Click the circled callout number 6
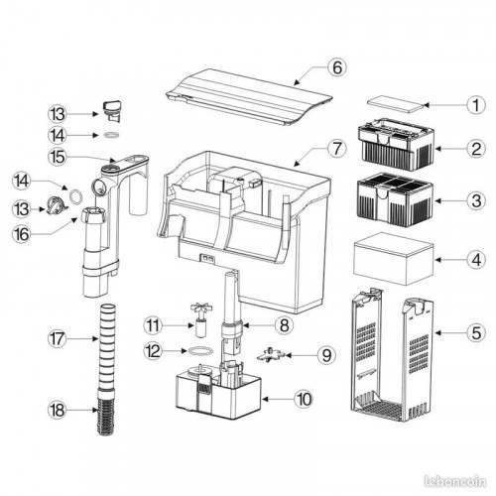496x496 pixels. pos(337,67)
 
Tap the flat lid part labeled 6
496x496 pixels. pos(249,97)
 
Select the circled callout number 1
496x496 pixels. pos(476,105)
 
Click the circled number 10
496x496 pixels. pos(304,399)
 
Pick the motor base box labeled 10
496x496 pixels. pos(219,390)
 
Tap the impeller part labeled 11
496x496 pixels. pos(200,319)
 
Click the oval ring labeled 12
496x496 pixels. pos(200,351)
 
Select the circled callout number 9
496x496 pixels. pos(326,355)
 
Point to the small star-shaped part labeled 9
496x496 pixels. pos(271,355)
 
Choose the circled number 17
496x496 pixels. pos(57,338)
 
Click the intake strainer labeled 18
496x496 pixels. pos(106,412)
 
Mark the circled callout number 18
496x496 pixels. pos(57,411)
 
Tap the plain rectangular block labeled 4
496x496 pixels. pos(393,259)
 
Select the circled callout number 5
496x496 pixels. pos(476,332)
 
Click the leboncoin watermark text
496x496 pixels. pos(454,481)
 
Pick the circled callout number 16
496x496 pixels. pos(22,234)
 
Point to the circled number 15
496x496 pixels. pos(57,157)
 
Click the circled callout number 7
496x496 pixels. pos(337,148)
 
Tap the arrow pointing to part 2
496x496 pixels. pos(451,149)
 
